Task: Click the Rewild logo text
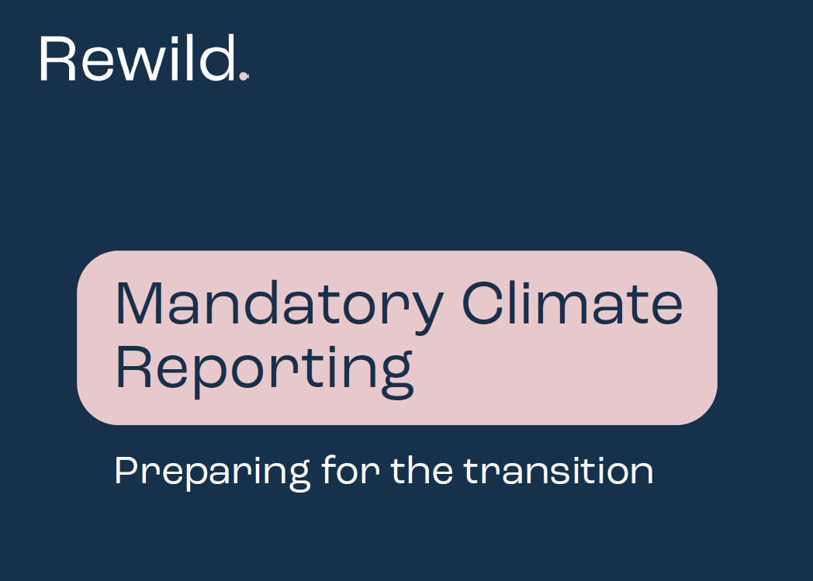pos(137,59)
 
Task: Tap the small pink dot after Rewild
pos(244,76)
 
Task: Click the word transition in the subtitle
pos(559,470)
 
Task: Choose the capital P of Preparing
pos(124,470)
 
